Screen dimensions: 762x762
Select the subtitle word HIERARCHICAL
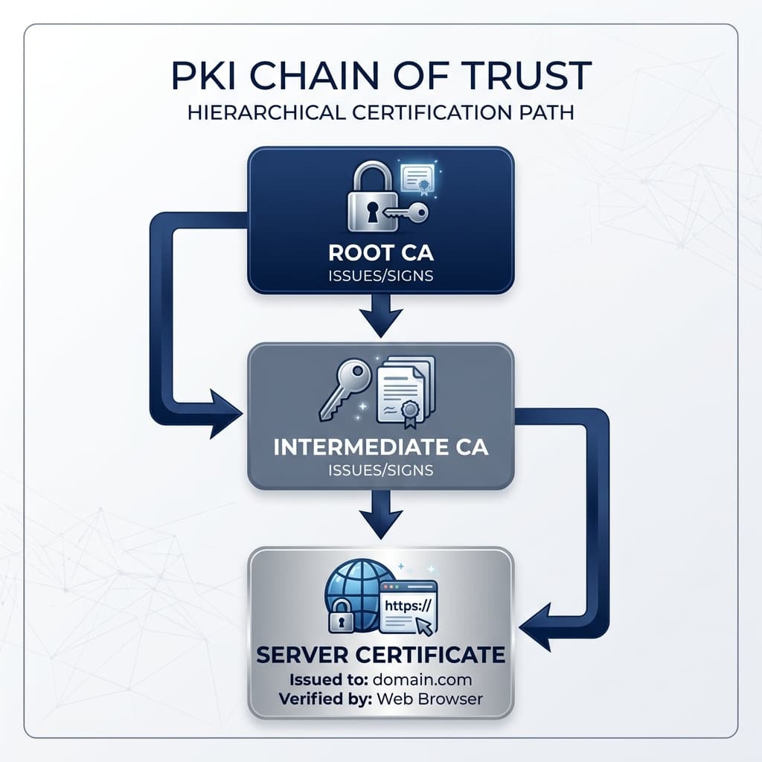pyautogui.click(x=266, y=112)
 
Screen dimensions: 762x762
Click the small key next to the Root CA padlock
pyautogui.click(x=406, y=212)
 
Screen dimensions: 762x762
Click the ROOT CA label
pyautogui.click(x=381, y=253)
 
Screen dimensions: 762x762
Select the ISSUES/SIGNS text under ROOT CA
pyautogui.click(x=381, y=275)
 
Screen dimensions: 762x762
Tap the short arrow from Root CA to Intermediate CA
pyautogui.click(x=381, y=316)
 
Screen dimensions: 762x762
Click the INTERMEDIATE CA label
pyautogui.click(x=381, y=447)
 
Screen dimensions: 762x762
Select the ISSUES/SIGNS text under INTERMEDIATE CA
pyautogui.click(x=381, y=470)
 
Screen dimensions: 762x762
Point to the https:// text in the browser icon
pyautogui.click(x=408, y=605)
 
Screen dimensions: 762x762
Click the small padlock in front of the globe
pyautogui.click(x=341, y=615)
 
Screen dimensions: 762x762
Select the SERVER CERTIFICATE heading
pyautogui.click(x=381, y=655)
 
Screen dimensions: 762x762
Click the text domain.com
pyautogui.click(x=423, y=679)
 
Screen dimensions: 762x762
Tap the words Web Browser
pyautogui.click(x=429, y=699)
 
